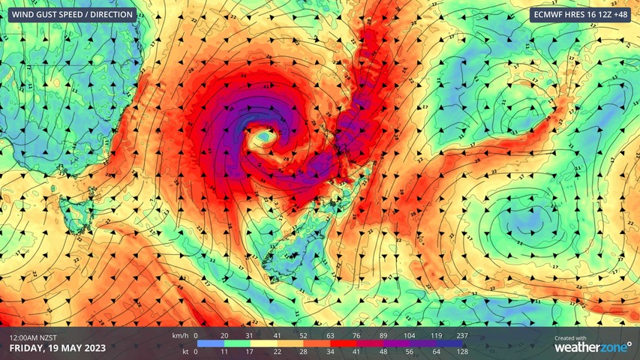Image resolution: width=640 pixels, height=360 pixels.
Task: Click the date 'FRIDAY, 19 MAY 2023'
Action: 58,348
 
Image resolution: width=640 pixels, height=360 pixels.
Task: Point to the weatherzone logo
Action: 592,347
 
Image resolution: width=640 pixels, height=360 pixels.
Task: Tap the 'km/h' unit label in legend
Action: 180,335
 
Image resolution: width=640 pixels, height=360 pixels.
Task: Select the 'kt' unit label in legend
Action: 183,351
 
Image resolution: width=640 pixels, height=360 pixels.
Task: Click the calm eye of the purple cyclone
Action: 263,139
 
